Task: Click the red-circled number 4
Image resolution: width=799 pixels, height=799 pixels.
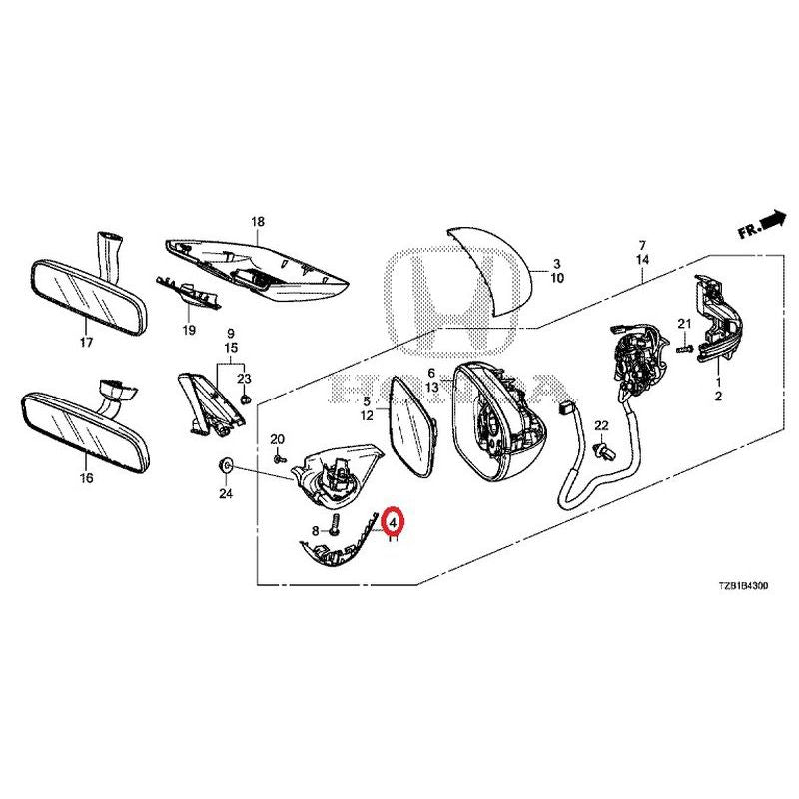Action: click(394, 522)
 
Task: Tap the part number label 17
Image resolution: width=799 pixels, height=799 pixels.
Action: click(86, 343)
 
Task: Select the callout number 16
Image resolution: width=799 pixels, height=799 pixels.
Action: click(86, 478)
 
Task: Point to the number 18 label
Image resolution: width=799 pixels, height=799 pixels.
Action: click(257, 221)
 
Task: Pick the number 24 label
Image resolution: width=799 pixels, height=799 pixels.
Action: click(225, 493)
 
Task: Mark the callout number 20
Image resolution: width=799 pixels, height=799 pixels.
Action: click(278, 440)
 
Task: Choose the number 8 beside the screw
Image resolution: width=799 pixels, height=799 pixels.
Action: click(315, 531)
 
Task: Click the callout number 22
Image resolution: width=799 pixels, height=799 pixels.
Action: click(600, 426)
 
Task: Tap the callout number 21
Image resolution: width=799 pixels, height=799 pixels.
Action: click(684, 323)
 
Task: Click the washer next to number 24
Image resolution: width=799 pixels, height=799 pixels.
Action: click(226, 466)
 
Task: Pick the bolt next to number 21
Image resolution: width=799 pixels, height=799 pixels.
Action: click(684, 347)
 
